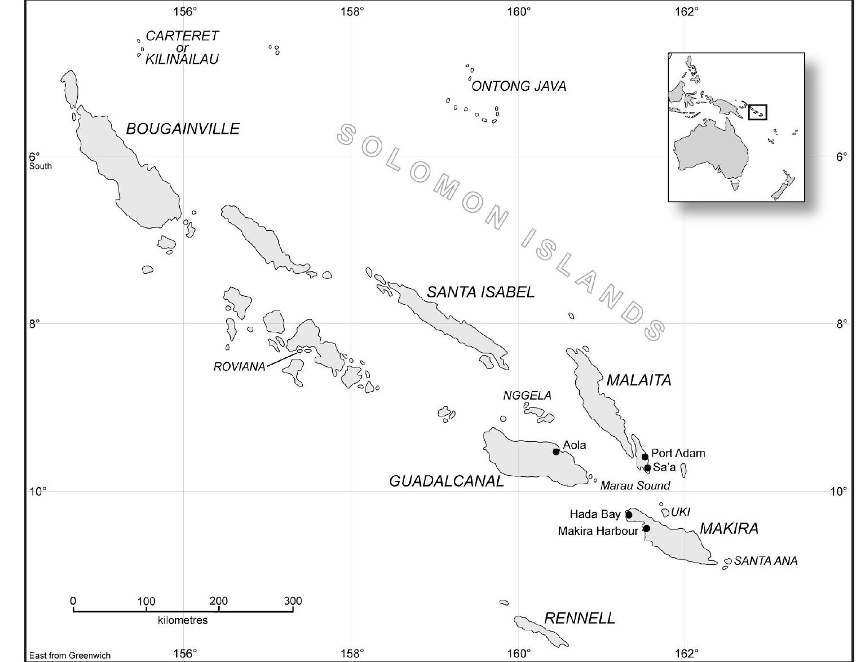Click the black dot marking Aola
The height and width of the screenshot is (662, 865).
556,451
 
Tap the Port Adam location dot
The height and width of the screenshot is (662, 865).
645,457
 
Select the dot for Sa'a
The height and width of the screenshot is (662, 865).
648,468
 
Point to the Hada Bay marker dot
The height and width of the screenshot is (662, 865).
629,515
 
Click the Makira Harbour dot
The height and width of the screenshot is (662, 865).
647,528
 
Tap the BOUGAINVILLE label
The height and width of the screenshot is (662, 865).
183,129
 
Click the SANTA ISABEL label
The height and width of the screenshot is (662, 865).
480,292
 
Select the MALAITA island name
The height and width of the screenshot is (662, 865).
639,380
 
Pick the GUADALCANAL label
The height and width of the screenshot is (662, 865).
447,481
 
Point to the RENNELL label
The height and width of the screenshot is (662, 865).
580,619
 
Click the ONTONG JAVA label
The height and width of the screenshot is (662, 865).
519,86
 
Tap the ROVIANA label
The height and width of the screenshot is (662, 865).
239,367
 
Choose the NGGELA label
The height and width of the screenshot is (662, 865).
527,396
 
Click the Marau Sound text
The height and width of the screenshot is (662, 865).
635,485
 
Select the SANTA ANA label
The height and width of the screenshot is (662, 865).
766,561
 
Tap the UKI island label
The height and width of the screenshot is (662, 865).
681,512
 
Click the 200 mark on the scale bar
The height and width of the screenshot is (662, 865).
219,602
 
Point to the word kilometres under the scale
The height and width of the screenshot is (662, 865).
183,620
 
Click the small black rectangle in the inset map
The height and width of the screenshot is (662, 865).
757,112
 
